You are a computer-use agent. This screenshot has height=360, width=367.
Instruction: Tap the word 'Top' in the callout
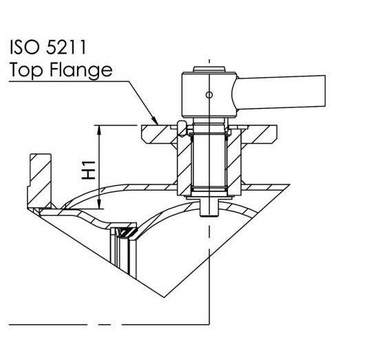pyautogui.click(x=25, y=70)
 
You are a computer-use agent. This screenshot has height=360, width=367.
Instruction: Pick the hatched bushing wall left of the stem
pyautogui.click(x=185, y=165)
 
